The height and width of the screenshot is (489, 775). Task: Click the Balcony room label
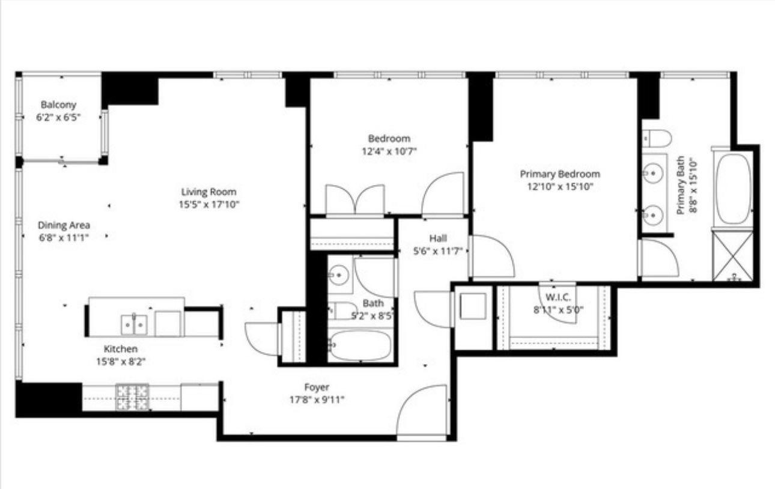pos(58,105)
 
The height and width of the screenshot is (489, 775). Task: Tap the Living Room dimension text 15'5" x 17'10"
pos(209,204)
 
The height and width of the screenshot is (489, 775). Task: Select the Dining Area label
pos(64,225)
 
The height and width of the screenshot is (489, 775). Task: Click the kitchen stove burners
pos(133,397)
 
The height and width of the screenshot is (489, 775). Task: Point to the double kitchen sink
pos(134,324)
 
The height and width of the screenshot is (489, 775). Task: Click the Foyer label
pos(317,387)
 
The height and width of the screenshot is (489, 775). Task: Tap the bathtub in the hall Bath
pos(360,345)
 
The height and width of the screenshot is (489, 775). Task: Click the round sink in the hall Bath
pos(339,275)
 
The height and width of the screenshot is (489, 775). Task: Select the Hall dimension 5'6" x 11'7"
pos(438,251)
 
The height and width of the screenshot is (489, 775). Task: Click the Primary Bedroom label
pos(560,174)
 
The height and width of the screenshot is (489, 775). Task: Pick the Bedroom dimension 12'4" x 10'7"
pos(389,151)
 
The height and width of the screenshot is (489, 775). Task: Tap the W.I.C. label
pos(558,297)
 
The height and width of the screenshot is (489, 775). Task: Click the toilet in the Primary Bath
pos(657,138)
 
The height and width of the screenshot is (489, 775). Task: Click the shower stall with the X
pos(733,256)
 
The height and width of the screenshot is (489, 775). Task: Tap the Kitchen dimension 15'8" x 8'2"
pos(121,362)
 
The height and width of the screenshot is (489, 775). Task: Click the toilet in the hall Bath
pos(342,311)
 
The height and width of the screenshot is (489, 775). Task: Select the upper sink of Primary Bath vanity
pos(653,172)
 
